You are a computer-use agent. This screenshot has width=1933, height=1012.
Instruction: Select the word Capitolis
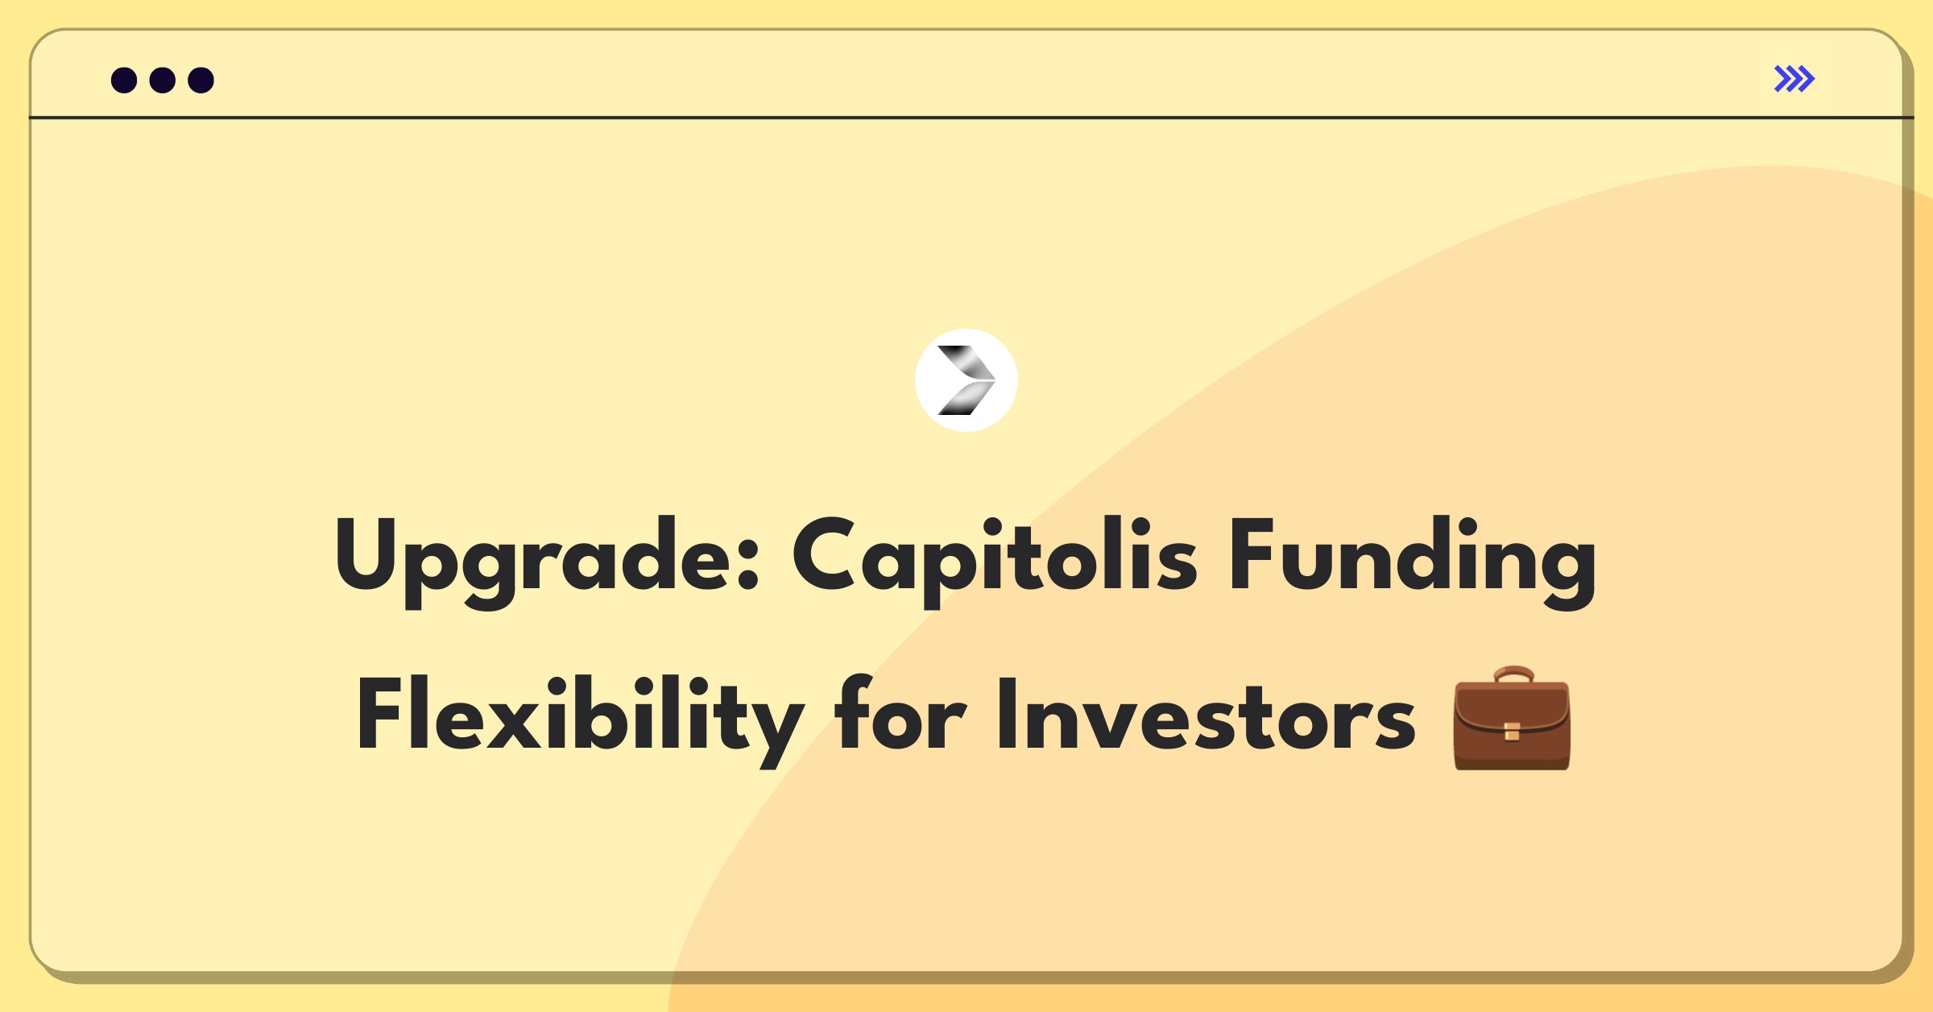point(995,562)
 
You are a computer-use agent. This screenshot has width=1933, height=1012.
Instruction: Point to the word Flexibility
point(580,720)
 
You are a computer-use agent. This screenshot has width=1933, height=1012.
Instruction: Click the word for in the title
point(900,713)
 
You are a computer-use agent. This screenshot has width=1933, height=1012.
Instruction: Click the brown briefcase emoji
point(1512,718)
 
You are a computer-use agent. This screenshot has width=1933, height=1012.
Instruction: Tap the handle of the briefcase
point(1513,674)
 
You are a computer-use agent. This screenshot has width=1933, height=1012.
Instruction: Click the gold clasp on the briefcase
point(1512,732)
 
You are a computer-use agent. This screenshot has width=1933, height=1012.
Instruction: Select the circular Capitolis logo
point(966,380)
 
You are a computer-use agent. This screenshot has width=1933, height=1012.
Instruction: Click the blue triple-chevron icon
point(1794,79)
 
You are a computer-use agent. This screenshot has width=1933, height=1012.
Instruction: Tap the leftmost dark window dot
point(124,80)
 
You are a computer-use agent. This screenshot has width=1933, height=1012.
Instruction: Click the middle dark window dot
point(163,80)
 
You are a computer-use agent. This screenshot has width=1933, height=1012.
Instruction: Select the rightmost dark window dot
point(201,80)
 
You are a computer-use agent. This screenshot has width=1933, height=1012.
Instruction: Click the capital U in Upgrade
point(366,554)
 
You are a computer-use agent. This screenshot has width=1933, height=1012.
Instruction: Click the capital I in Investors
point(1007,714)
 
